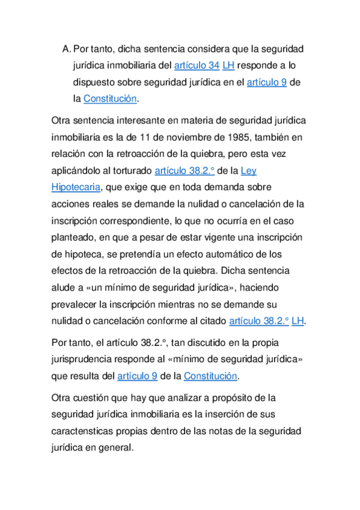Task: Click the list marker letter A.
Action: tap(66, 48)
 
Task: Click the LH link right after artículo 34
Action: tap(228, 65)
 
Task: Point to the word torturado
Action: tap(130, 170)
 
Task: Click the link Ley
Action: tap(248, 170)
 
